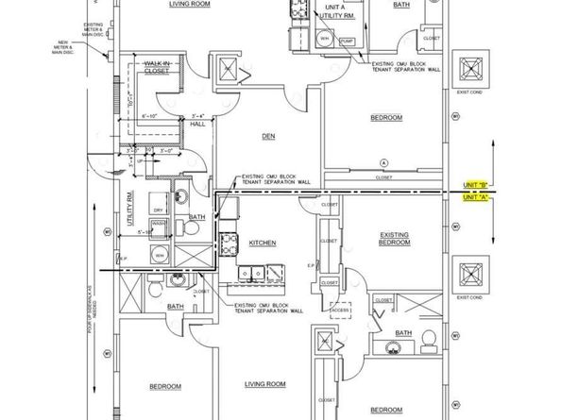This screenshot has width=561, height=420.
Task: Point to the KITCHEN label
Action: (262, 243)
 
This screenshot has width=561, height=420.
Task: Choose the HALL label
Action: (198, 124)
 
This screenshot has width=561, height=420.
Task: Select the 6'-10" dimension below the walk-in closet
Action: (151, 116)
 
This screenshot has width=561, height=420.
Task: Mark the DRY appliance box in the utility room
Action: (160, 210)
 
